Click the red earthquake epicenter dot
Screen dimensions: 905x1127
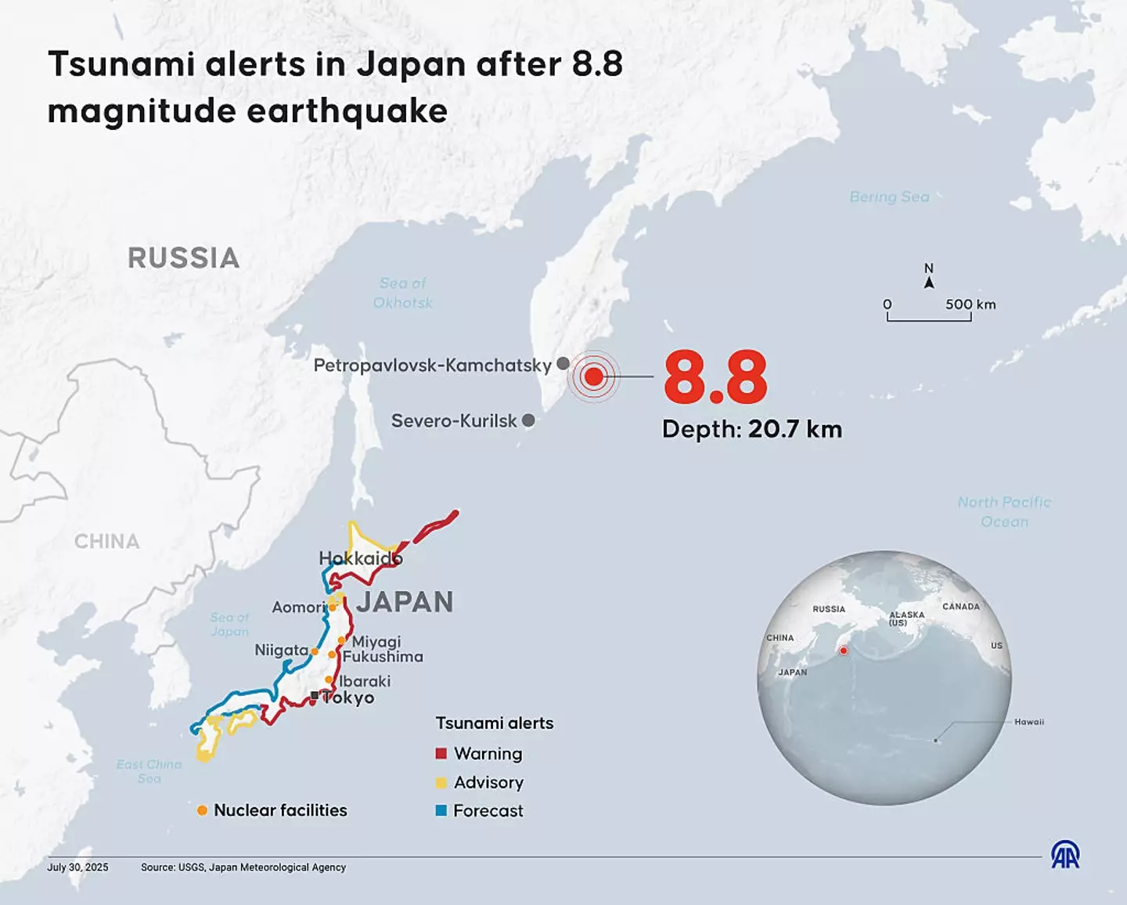pyautogui.click(x=594, y=377)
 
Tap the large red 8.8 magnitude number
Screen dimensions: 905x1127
pyautogui.click(x=715, y=377)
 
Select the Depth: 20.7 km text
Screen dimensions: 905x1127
pyautogui.click(x=751, y=429)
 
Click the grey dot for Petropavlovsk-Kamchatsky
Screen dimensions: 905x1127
pyautogui.click(x=563, y=364)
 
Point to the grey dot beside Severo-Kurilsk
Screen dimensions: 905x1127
pyautogui.click(x=528, y=420)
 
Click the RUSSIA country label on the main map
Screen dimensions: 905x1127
pyautogui.click(x=183, y=258)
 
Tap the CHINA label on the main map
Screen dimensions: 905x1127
pyautogui.click(x=106, y=542)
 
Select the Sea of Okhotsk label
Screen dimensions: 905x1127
pyautogui.click(x=402, y=293)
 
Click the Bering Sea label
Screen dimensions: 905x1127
pyautogui.click(x=889, y=197)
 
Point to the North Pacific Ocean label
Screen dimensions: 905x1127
pyautogui.click(x=1004, y=512)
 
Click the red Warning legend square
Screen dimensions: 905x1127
pyautogui.click(x=441, y=753)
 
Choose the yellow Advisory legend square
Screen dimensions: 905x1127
pyautogui.click(x=441, y=782)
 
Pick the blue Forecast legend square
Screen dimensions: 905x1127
pyautogui.click(x=441, y=810)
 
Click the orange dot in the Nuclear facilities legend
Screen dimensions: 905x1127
pyautogui.click(x=202, y=810)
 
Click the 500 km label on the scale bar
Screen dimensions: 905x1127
pyautogui.click(x=970, y=305)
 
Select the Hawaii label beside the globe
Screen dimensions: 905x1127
pyautogui.click(x=1028, y=722)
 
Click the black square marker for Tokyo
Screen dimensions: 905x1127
pyautogui.click(x=315, y=695)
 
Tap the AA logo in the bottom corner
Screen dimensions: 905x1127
pyautogui.click(x=1064, y=855)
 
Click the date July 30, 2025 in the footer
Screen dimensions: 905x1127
pyautogui.click(x=77, y=867)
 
